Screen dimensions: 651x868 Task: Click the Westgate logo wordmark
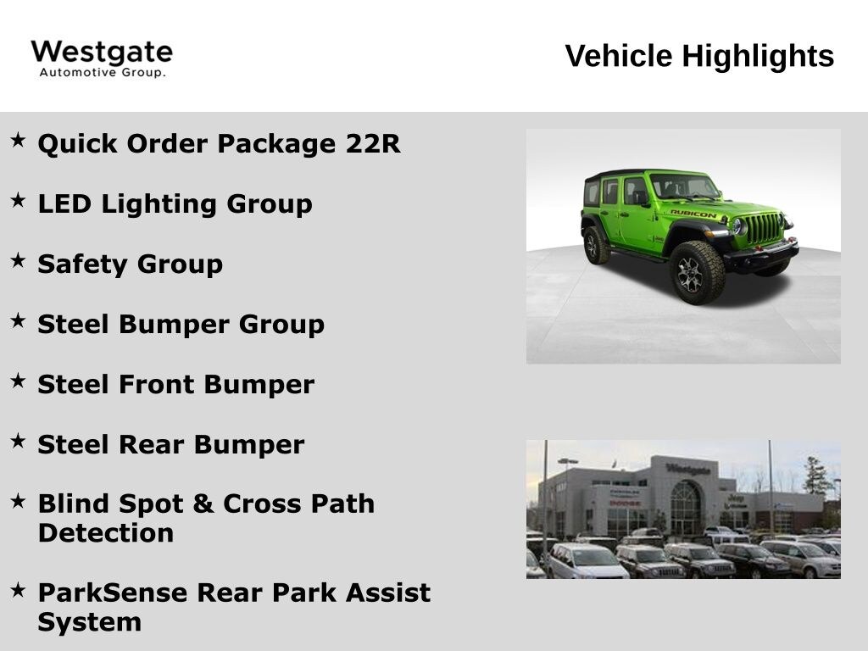click(x=102, y=52)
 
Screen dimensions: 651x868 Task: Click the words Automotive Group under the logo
click(x=102, y=73)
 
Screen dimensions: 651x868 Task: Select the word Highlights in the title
click(x=758, y=57)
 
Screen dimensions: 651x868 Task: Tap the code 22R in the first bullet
click(x=373, y=143)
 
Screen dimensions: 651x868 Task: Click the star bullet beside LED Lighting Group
click(x=18, y=200)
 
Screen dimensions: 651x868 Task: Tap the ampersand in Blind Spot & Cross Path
click(x=203, y=504)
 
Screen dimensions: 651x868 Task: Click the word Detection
click(x=105, y=533)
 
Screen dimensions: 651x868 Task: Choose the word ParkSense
click(x=112, y=593)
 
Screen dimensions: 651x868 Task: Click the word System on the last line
click(x=89, y=622)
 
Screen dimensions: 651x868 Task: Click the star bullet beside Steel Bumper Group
click(x=18, y=320)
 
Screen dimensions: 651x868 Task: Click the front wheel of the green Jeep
click(x=698, y=273)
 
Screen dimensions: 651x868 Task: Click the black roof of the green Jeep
click(x=632, y=174)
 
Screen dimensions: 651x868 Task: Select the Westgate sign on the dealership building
click(x=687, y=469)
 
